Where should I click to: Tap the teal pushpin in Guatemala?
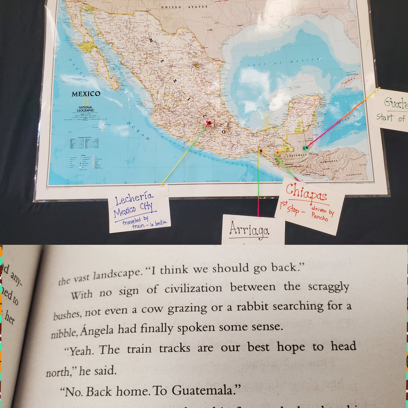click(306, 148)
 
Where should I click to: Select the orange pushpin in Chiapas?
click(277, 153)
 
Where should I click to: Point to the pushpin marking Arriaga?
click(261, 151)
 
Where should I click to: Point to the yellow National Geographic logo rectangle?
click(86, 101)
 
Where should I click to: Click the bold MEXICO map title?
click(86, 94)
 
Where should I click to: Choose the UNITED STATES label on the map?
click(184, 7)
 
